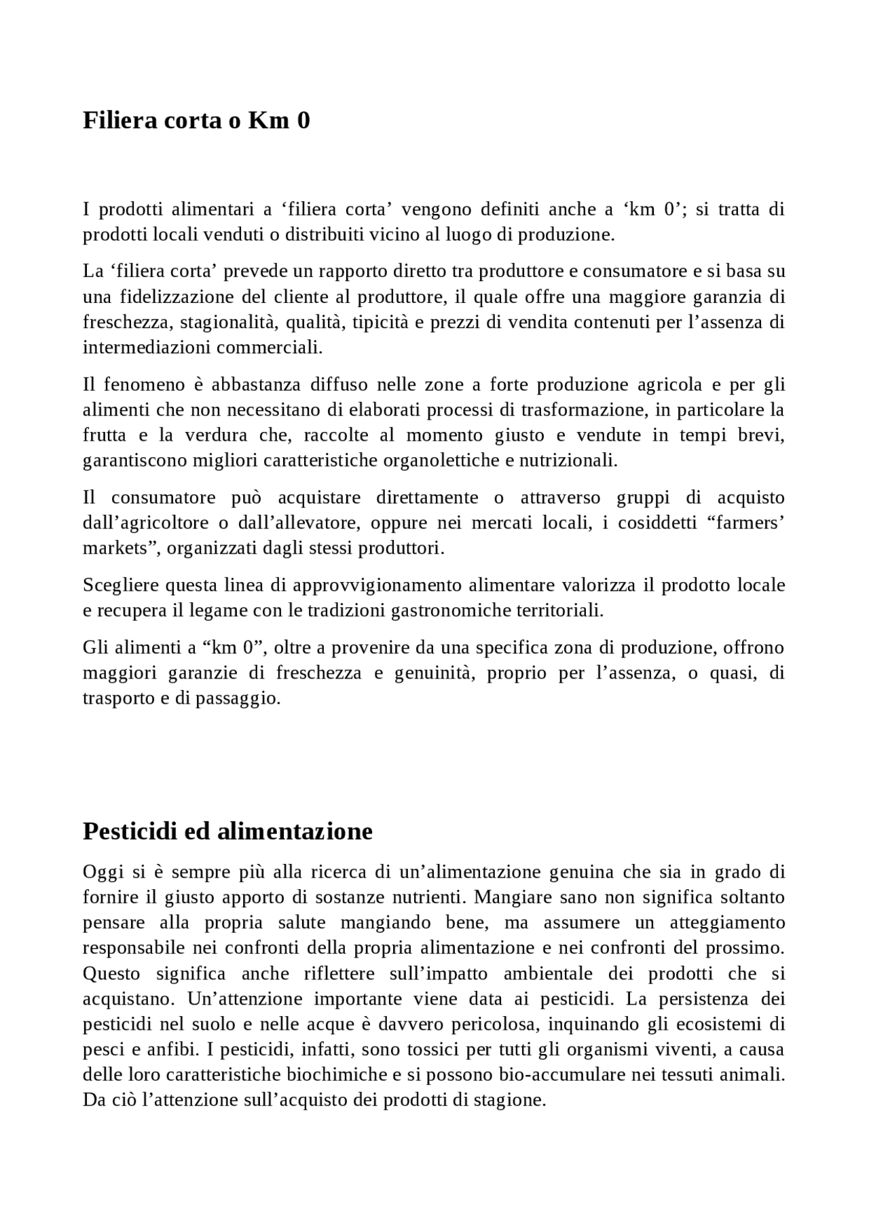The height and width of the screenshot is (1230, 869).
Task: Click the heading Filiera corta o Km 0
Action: pos(196,120)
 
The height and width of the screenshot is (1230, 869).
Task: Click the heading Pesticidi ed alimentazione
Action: pos(227,831)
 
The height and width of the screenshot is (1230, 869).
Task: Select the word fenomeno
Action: pos(143,384)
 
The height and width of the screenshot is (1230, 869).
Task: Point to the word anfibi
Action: pos(173,1049)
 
